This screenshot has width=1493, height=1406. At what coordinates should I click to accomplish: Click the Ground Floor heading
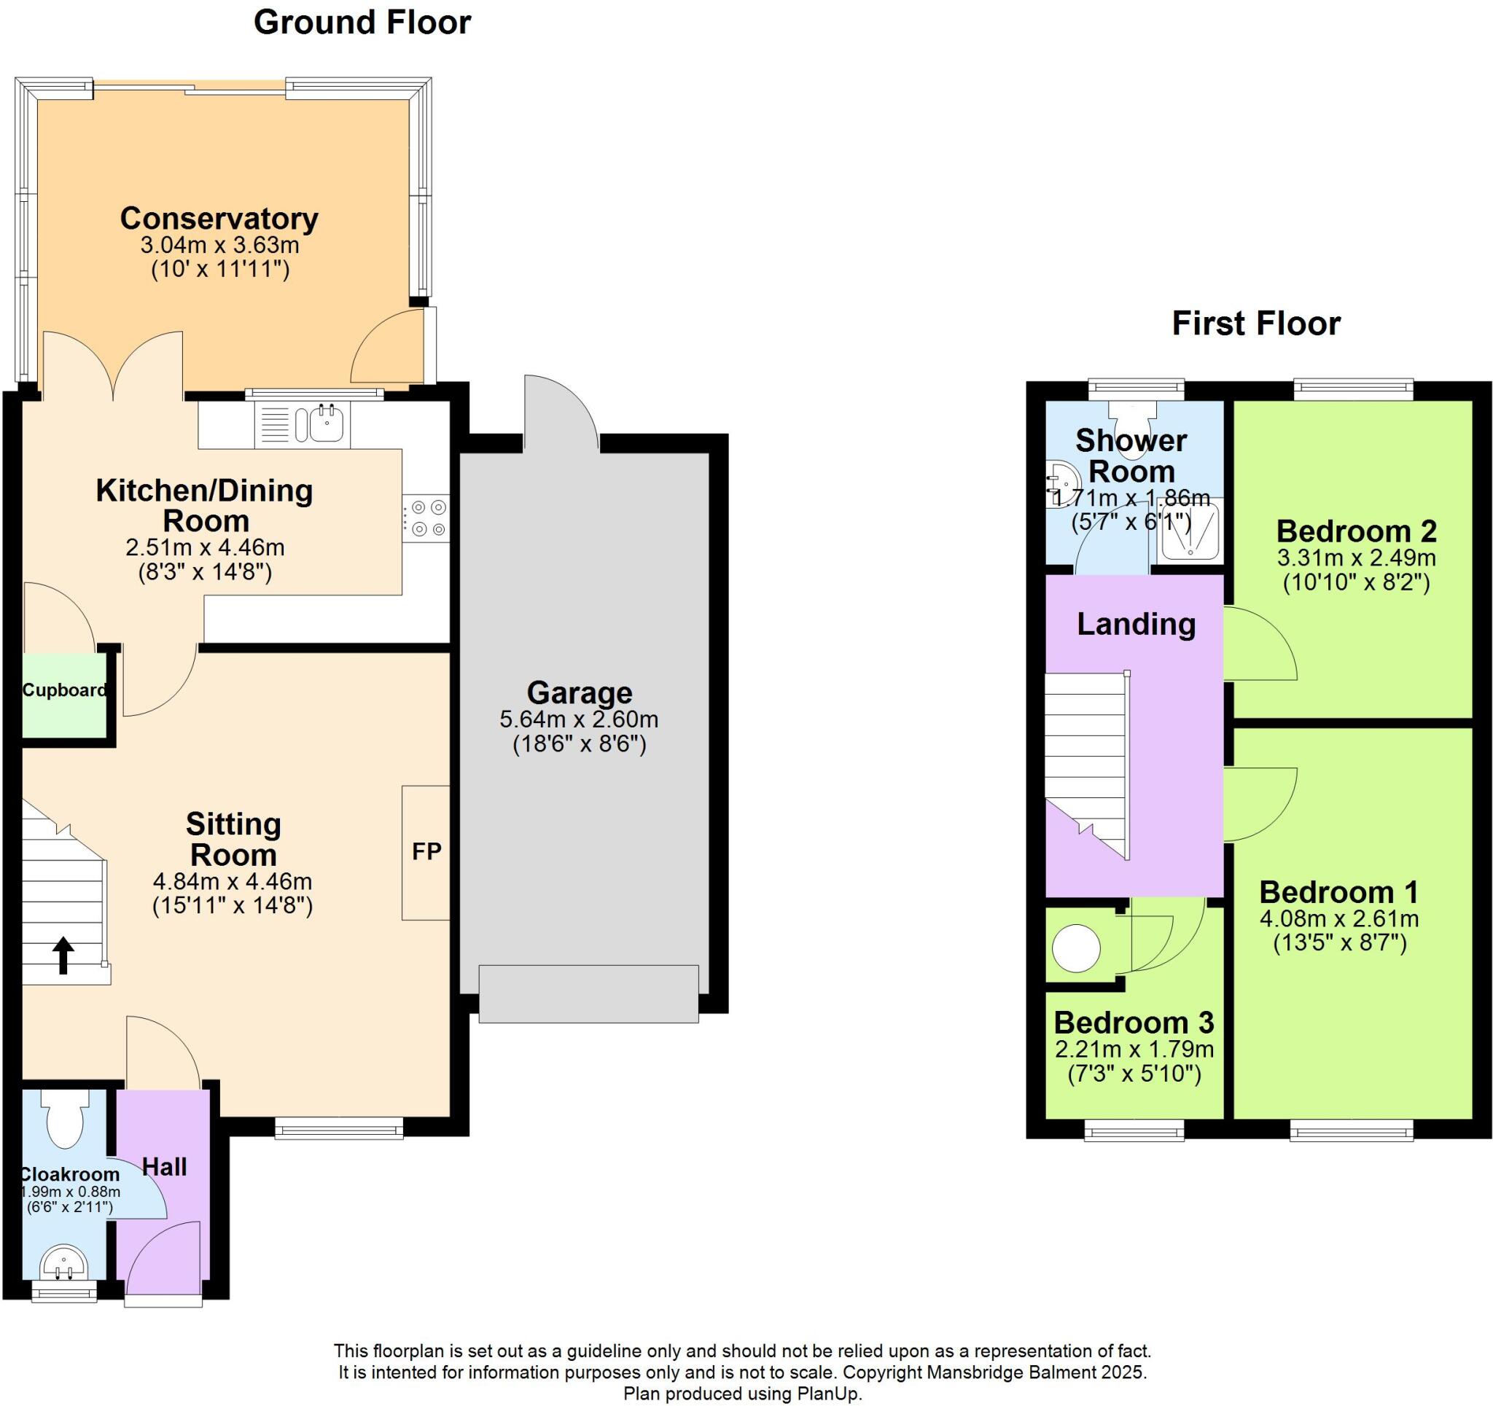click(362, 23)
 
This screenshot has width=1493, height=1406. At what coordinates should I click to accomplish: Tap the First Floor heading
click(1255, 324)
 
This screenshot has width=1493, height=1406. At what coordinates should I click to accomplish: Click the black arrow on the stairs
click(63, 955)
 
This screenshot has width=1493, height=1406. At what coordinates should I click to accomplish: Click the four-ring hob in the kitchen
click(426, 518)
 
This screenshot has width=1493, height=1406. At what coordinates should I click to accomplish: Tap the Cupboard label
click(65, 690)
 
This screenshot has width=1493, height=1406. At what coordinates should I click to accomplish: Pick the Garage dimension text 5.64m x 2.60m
click(579, 719)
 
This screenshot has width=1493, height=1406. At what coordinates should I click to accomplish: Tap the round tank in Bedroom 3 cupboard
click(1075, 948)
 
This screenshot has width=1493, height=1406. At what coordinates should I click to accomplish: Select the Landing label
click(1136, 624)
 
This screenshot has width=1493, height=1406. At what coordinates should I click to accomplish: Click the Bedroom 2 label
click(1357, 531)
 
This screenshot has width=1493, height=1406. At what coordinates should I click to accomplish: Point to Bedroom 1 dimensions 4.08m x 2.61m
click(1339, 918)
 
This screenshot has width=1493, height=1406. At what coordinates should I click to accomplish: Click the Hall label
click(165, 1166)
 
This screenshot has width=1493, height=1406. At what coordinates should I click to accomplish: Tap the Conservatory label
click(219, 219)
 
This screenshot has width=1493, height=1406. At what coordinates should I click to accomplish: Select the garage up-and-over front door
click(589, 993)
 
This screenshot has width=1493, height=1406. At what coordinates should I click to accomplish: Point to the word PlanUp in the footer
click(835, 1394)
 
